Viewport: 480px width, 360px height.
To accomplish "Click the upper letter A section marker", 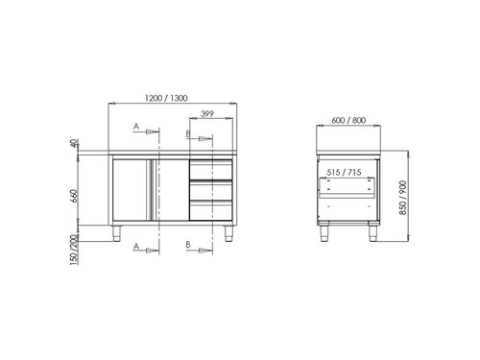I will pos(136,126).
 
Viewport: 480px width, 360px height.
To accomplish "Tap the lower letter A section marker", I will pos(136,247).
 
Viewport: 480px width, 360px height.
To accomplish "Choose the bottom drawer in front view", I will pos(210,210).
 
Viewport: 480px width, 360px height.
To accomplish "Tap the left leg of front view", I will pos(118,232).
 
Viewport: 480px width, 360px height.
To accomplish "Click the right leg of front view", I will pos(228,232).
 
